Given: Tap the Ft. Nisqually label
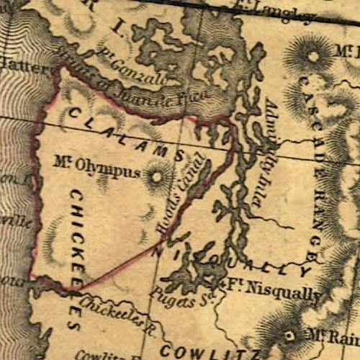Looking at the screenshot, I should coord(274,292).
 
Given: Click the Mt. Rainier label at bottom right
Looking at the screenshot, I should coord(333,336).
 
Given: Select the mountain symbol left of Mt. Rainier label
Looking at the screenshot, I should coord(289,336).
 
